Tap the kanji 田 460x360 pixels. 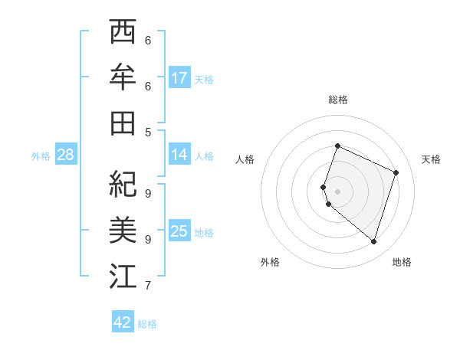tap(123, 123)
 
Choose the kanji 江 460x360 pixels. tap(123, 277)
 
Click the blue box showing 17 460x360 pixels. tap(179, 78)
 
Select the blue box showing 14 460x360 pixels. tap(179, 155)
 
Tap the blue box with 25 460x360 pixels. tap(179, 231)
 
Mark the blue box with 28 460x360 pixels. tap(66, 155)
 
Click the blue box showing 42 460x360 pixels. tap(123, 322)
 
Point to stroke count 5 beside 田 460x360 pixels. tap(148, 132)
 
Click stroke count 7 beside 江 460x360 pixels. tap(148, 286)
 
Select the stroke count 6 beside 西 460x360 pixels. tap(148, 40)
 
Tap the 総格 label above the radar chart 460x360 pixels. tap(337, 100)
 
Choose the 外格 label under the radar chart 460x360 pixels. tap(270, 262)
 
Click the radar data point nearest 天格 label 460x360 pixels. tap(396, 172)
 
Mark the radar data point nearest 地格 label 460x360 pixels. tap(373, 241)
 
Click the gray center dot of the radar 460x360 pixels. tap(337, 191)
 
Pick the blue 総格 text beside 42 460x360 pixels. tap(147, 324)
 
